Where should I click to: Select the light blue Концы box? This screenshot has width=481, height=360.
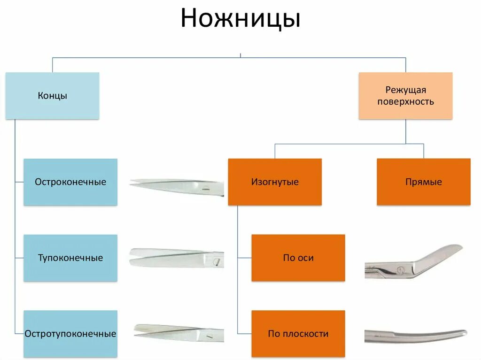[x=52, y=96]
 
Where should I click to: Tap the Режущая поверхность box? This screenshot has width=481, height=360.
[x=405, y=96]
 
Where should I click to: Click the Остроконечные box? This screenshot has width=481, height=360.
[x=70, y=182]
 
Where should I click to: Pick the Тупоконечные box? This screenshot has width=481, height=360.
[x=70, y=258]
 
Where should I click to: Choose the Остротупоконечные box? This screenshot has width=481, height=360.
[x=70, y=334]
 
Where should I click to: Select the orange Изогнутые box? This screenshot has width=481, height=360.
[x=275, y=182]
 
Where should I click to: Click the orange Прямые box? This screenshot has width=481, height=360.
[x=423, y=182]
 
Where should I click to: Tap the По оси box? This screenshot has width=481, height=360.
[x=298, y=258]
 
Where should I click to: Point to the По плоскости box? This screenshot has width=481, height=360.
[x=298, y=334]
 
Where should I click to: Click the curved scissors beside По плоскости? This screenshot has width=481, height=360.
[x=416, y=335]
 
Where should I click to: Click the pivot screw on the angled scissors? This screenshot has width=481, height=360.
[x=401, y=269]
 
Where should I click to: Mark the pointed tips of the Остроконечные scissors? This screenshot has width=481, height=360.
[x=132, y=181]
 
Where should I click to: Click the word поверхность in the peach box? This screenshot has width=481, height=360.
[x=405, y=101]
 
